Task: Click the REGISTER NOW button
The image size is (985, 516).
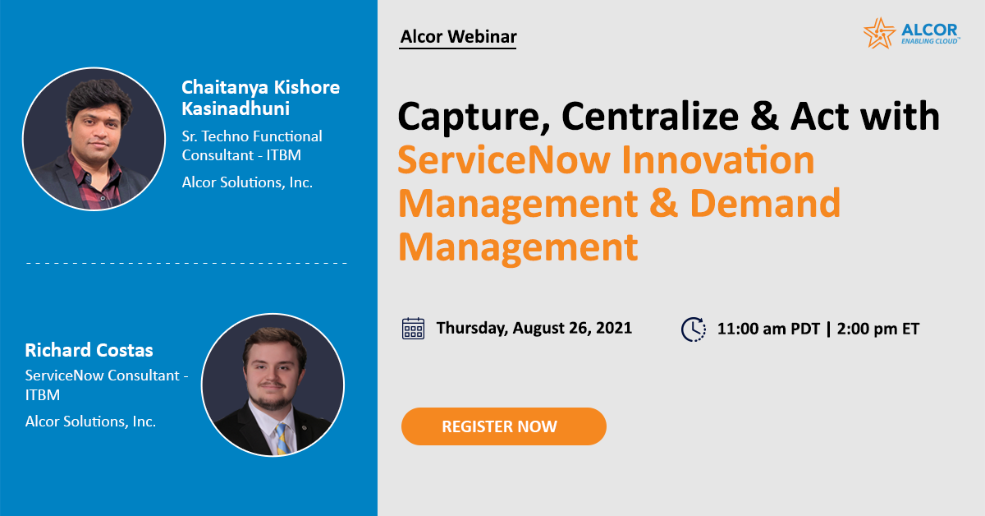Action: [x=503, y=426]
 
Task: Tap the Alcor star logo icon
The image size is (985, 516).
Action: [x=879, y=33]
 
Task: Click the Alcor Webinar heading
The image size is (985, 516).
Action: [x=458, y=37]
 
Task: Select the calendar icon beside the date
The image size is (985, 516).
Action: [x=413, y=328]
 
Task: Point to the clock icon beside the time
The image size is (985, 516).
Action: [x=694, y=329]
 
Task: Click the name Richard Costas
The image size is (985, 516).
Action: [x=89, y=351]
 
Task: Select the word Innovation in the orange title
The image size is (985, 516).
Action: [x=719, y=159]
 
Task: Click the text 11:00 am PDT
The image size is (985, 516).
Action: [x=767, y=329]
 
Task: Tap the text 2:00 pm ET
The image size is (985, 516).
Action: [x=877, y=329]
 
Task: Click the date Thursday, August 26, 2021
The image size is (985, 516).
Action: [x=534, y=328]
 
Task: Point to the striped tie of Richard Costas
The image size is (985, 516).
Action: [x=281, y=436]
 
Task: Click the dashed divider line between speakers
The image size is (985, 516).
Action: [x=186, y=263]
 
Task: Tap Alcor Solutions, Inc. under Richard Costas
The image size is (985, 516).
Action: [x=90, y=422]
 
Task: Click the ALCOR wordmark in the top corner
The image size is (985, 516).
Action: [x=929, y=29]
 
